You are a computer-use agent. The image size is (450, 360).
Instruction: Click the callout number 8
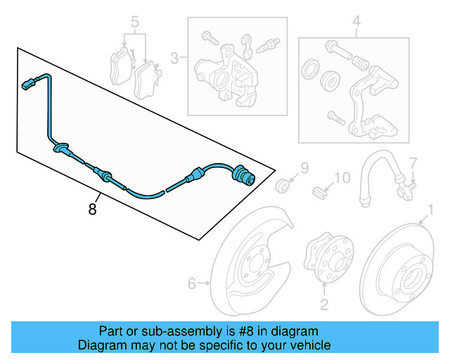click(x=92, y=210)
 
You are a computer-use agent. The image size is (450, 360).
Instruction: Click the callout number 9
click(x=304, y=167)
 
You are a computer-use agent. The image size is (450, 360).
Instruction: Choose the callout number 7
click(x=413, y=162)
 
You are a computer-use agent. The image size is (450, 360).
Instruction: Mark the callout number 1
click(x=430, y=209)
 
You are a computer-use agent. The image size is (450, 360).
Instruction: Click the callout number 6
click(x=191, y=283)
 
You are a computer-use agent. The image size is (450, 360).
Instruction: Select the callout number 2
click(x=324, y=304)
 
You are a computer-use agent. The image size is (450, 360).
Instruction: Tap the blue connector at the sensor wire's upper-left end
click(x=28, y=84)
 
